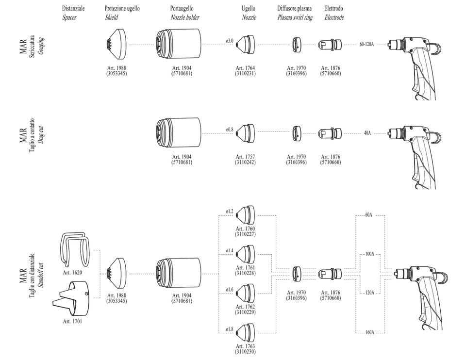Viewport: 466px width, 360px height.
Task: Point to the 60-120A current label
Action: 366,44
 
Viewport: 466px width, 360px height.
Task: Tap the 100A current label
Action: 369,254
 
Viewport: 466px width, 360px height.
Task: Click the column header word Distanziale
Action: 73,9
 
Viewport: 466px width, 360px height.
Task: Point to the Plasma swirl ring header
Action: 295,17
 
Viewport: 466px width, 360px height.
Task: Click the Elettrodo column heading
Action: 334,9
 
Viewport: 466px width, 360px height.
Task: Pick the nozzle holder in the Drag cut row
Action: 178,132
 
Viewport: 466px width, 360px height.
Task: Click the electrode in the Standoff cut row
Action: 330,274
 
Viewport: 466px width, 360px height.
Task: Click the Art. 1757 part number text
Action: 246,157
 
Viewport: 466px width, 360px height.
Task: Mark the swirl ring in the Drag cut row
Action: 297,132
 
